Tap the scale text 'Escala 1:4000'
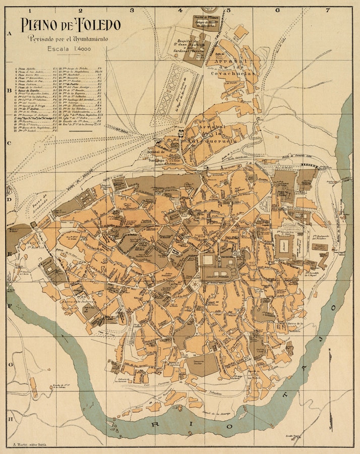tap(68, 49)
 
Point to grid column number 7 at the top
tap(328, 10)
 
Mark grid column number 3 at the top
tap(132, 10)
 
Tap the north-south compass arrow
tap(330, 388)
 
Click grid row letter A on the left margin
tap(10, 34)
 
